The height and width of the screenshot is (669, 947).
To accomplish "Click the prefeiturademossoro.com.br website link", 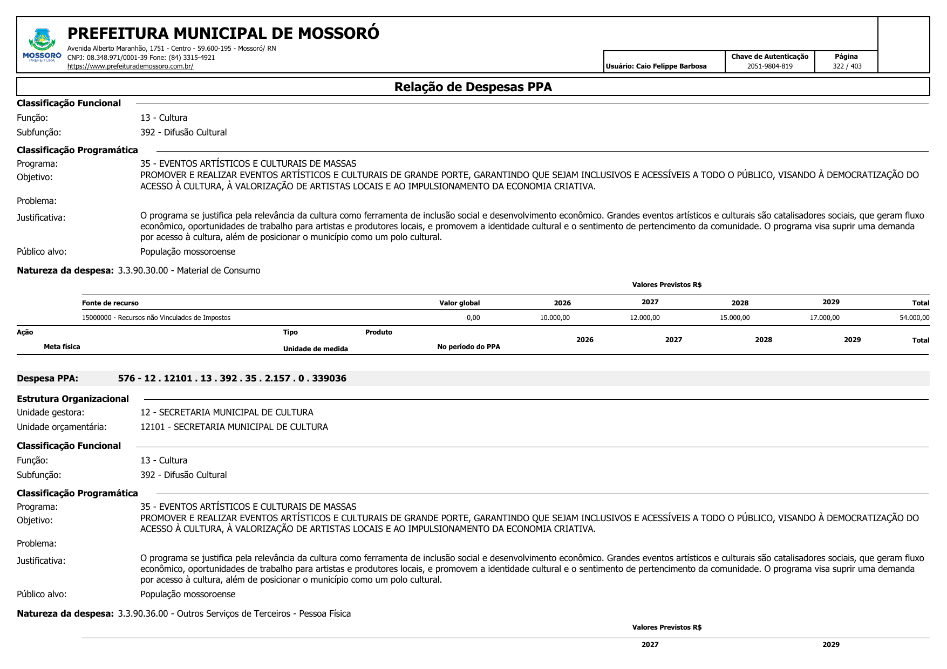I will click(x=130, y=67).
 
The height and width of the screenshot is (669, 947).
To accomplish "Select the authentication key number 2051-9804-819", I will click(x=769, y=66).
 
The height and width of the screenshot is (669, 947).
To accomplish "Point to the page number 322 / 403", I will click(x=847, y=66).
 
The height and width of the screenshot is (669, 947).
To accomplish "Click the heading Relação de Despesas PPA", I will click(x=473, y=87).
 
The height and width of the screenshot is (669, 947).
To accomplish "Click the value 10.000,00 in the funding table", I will click(x=555, y=318).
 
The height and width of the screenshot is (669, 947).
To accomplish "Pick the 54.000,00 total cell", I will click(x=914, y=318).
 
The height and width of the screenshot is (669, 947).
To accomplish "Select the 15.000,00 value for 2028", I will click(x=734, y=318).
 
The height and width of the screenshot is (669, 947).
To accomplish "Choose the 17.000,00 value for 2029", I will click(x=825, y=318).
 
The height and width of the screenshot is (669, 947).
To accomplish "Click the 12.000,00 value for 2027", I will click(x=645, y=318).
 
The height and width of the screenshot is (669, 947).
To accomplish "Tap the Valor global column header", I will click(x=459, y=303).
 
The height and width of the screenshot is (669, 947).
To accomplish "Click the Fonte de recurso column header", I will click(x=110, y=303).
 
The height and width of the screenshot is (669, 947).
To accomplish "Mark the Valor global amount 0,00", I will click(x=473, y=318).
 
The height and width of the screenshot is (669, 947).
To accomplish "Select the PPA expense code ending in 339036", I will click(x=232, y=379).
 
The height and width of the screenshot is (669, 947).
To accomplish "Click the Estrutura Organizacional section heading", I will click(x=73, y=399).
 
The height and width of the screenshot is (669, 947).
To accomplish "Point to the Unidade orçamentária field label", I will click(x=62, y=427).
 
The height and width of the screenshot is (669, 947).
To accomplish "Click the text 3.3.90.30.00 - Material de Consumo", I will click(x=189, y=271).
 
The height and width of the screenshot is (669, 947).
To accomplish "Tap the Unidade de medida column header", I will click(x=315, y=349).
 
